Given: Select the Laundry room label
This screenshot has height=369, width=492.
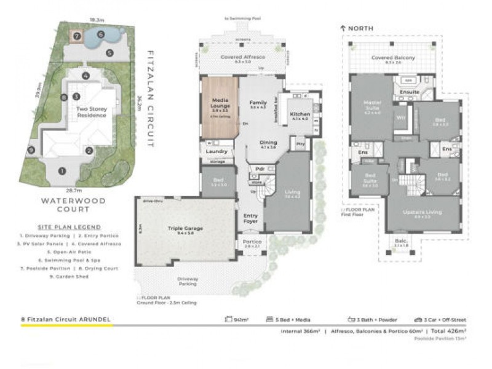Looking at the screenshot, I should [218, 151].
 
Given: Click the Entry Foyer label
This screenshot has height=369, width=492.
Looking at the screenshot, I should [251, 219].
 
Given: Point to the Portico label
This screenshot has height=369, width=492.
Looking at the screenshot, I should [252, 242].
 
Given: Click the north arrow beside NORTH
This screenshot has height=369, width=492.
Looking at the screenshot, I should [343, 28].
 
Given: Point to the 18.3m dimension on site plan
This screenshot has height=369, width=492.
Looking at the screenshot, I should [95, 20].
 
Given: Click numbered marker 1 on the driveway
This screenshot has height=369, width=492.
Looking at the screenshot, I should [61, 170].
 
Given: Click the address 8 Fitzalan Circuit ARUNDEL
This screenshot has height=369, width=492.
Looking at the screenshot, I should [66, 320].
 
